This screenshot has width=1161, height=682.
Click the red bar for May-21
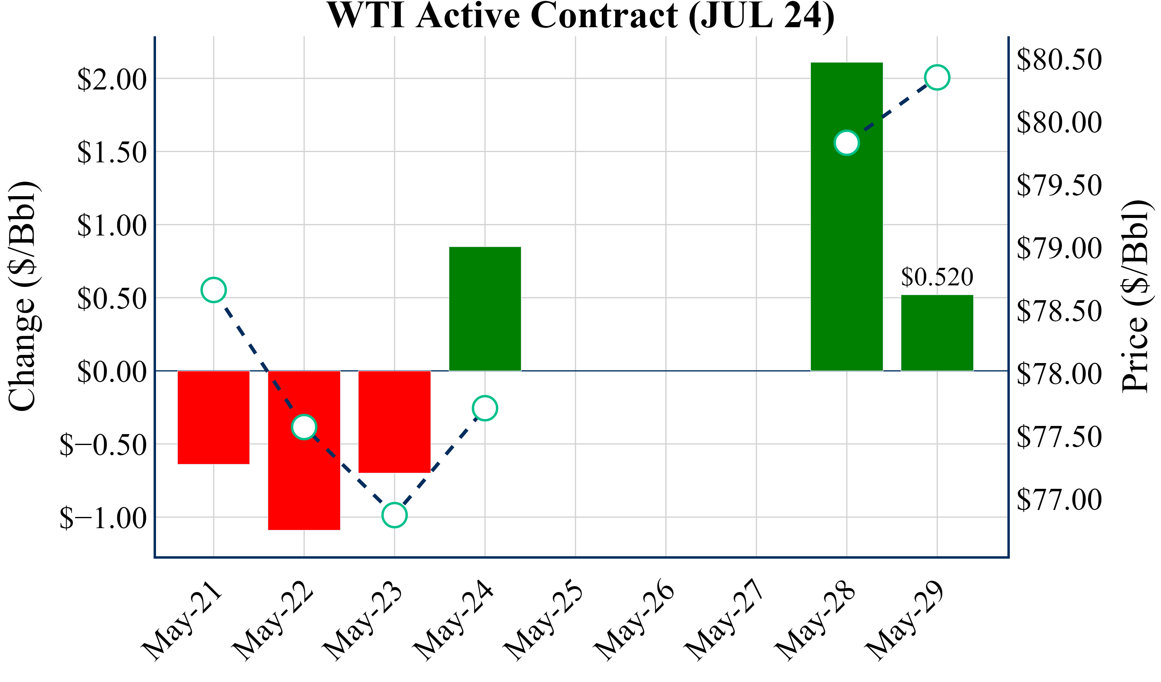213,417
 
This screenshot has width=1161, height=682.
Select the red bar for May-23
394,422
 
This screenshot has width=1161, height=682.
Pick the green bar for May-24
485,308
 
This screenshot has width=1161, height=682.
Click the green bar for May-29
937,333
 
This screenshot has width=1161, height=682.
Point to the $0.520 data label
937,277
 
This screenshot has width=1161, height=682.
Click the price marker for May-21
213,290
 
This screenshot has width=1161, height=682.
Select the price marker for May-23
394,515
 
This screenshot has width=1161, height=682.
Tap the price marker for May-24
485,408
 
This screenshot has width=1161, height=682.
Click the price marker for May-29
937,77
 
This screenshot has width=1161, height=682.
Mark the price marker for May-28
846,143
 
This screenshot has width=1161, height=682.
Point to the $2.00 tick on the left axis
112,79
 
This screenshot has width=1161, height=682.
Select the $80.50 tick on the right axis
1059,60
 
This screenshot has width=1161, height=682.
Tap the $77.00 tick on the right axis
1059,499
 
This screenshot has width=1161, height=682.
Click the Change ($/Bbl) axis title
23,296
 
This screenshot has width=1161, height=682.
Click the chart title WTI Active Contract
580,16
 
